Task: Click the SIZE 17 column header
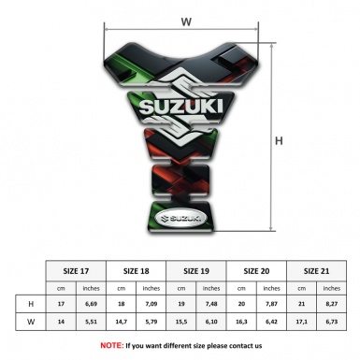[77, 269]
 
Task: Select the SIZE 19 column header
[197, 269]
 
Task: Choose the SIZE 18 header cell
[137, 269]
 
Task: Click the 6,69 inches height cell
[92, 305]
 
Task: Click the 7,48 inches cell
[212, 305]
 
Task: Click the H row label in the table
[32, 305]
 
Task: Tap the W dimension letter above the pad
[185, 19]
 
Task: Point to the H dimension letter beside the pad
[278, 140]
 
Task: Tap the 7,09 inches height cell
[152, 305]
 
